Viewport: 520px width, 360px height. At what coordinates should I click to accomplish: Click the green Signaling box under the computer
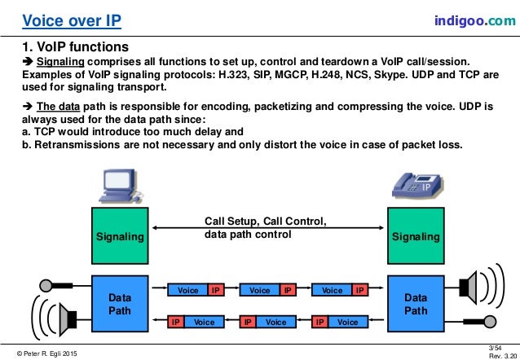click(x=120, y=236)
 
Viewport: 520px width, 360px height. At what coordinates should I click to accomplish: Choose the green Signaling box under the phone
click(x=415, y=236)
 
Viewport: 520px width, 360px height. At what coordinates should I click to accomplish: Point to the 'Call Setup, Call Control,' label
click(x=266, y=220)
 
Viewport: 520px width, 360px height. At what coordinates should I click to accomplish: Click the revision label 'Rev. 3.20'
click(x=500, y=355)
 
